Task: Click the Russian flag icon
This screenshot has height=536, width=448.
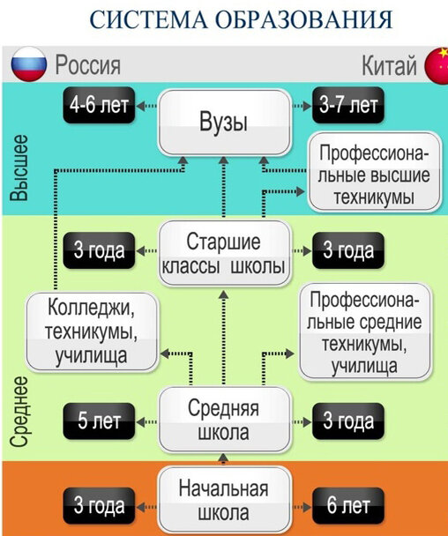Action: pos(29,64)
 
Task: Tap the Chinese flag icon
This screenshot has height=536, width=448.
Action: pos(437,65)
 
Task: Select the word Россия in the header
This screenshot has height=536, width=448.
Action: pos(88,65)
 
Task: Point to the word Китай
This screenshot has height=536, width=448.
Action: pos(389,65)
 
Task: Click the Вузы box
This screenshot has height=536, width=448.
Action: pos(224,122)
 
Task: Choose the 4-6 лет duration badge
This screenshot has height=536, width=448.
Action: pos(99,105)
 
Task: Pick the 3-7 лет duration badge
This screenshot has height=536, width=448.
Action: pos(348,105)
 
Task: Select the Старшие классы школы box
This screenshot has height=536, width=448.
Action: pos(224,253)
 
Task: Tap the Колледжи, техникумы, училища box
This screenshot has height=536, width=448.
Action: pos(92,331)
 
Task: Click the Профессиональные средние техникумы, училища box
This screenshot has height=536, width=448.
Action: pos(365,331)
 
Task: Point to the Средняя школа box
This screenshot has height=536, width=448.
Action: pos(224,420)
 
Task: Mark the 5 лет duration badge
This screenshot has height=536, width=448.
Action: pos(99,421)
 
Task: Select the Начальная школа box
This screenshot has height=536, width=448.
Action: pos(224,501)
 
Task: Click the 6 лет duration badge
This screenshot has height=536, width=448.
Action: pos(348,505)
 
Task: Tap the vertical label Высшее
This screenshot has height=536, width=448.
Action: pos(19,167)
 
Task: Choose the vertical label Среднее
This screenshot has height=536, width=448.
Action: pos(19,412)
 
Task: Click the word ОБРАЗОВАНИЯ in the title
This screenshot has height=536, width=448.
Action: pos(305,19)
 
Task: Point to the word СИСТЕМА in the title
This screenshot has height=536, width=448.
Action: pos(149,19)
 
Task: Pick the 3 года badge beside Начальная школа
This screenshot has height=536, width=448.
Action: pos(99,505)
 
